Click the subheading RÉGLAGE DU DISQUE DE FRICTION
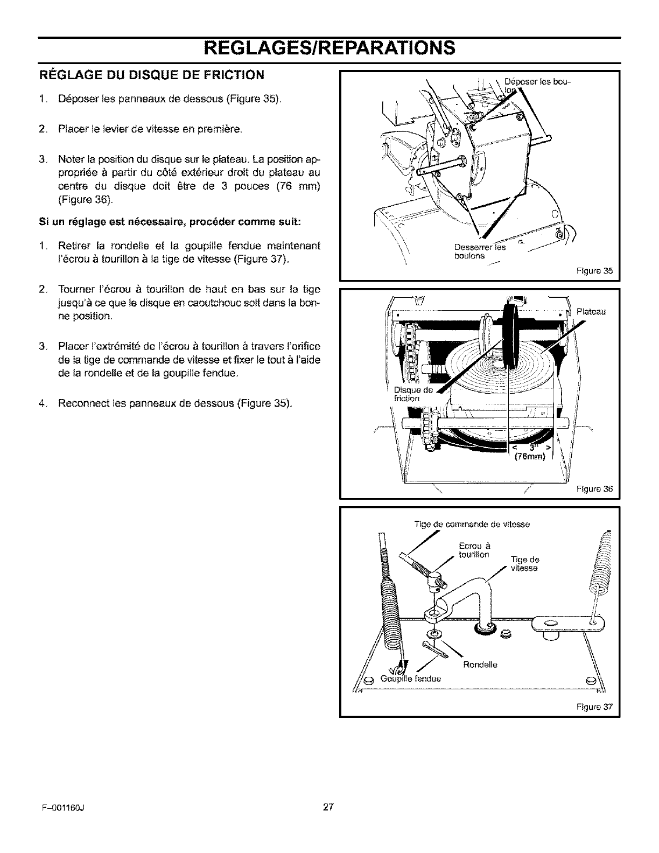[152, 75]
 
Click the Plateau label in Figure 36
[591, 311]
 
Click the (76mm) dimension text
[530, 458]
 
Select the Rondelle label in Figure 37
[480, 665]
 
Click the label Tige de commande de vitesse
[472, 524]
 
